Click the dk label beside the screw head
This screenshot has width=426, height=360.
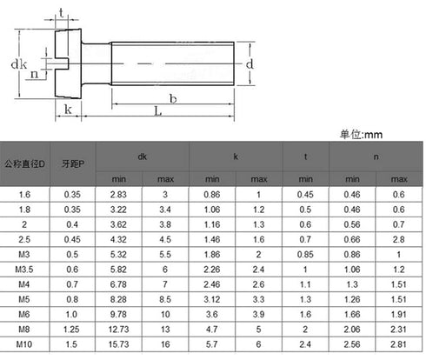(19, 64)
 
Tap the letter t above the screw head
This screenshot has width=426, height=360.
(61, 13)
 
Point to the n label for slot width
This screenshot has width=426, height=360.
(35, 74)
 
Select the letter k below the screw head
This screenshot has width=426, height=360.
(68, 110)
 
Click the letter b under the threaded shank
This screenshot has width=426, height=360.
(173, 99)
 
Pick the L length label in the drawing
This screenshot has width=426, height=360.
(157, 110)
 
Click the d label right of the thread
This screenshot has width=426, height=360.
(250, 63)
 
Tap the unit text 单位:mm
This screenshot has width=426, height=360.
(361, 135)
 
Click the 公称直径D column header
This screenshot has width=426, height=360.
(24, 164)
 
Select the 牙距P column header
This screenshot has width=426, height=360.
(73, 164)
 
